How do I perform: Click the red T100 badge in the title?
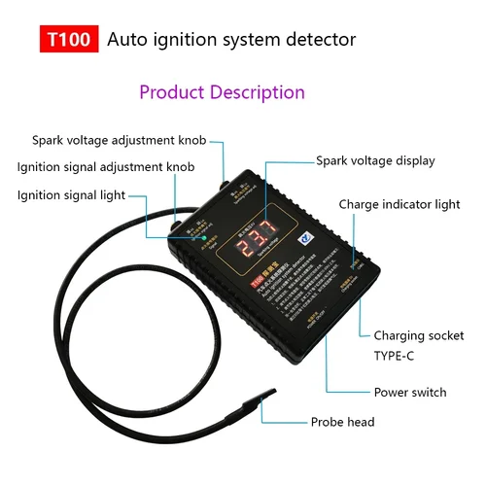coord(67,40)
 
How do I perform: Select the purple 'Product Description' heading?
coord(222,92)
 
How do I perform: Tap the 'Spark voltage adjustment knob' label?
coord(120,140)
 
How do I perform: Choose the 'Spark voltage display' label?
coord(375,160)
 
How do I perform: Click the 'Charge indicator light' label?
coord(399,204)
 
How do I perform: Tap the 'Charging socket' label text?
coord(419,335)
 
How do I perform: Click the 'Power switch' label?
coord(410,393)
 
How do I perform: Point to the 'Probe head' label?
coord(342,422)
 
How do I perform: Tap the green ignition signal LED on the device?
coord(194,232)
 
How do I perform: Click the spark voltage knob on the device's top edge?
coord(226,182)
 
